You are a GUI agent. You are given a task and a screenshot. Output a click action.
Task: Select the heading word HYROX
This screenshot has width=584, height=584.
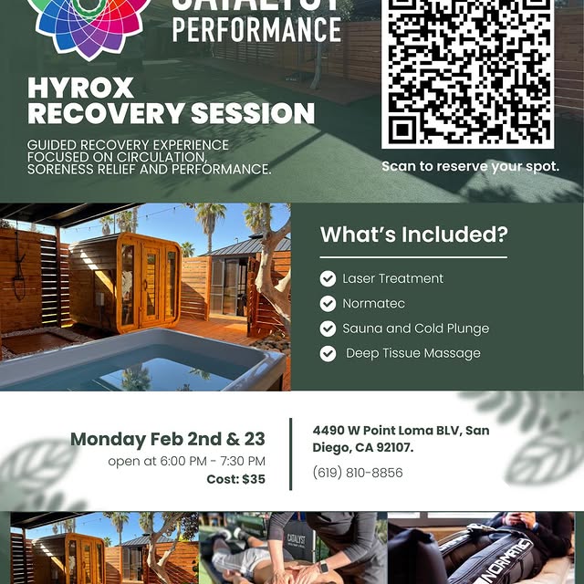80,89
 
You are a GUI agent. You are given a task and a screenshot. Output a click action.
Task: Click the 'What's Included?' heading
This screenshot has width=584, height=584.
413,235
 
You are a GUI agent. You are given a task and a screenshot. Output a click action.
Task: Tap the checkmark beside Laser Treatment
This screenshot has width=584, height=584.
328,278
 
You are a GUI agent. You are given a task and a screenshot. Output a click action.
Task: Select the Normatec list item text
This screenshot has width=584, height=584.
373,303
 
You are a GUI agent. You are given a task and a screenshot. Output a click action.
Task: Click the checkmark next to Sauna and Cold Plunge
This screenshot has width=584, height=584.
328,328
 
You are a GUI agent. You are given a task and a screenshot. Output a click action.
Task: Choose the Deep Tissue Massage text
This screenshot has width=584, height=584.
413,353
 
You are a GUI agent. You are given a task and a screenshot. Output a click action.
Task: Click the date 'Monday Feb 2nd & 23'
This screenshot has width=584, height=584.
168,439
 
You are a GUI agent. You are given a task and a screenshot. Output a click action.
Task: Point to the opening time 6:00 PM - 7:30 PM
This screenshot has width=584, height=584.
212,461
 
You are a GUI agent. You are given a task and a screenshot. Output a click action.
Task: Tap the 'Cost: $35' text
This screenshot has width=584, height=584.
235,479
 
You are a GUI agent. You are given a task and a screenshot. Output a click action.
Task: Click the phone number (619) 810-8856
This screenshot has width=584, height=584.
358,473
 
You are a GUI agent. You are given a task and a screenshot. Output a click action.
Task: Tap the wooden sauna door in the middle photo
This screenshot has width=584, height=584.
151,285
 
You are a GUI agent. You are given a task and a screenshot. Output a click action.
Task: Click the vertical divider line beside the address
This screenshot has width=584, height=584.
291,453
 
